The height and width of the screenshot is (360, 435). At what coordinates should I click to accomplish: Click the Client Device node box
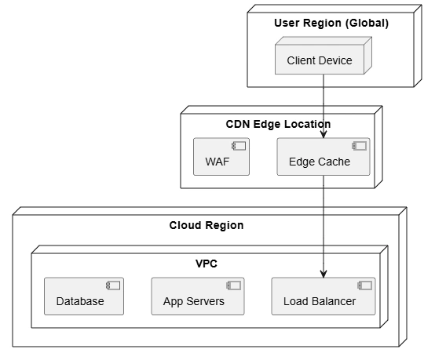tap(324, 56)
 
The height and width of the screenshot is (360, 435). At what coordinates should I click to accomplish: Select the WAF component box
tap(221, 157)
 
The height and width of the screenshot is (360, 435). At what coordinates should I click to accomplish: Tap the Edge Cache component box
tap(324, 157)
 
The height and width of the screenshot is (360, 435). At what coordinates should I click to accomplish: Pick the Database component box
tap(84, 296)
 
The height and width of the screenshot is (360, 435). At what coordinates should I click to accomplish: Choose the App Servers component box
tap(198, 296)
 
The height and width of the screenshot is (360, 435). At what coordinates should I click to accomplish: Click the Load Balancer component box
tap(324, 296)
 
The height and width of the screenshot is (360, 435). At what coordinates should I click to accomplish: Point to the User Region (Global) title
tap(331, 23)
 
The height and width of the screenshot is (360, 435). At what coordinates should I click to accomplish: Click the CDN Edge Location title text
tap(278, 124)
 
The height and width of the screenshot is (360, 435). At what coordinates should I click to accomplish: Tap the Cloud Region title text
tap(207, 225)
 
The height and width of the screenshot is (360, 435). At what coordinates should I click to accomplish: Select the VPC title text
tap(207, 264)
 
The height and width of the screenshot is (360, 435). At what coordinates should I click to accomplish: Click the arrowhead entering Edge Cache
tap(324, 134)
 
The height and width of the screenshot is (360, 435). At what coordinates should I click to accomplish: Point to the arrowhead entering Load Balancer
tap(324, 274)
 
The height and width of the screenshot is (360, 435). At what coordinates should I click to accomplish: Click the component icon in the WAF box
tap(239, 146)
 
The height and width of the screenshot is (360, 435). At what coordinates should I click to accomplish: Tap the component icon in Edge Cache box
tap(360, 146)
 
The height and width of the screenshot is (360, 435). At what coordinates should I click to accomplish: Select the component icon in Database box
tap(113, 285)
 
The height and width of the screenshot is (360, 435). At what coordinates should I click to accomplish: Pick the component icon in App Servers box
tap(233, 285)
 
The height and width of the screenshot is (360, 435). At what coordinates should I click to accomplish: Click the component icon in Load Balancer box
tap(365, 285)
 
